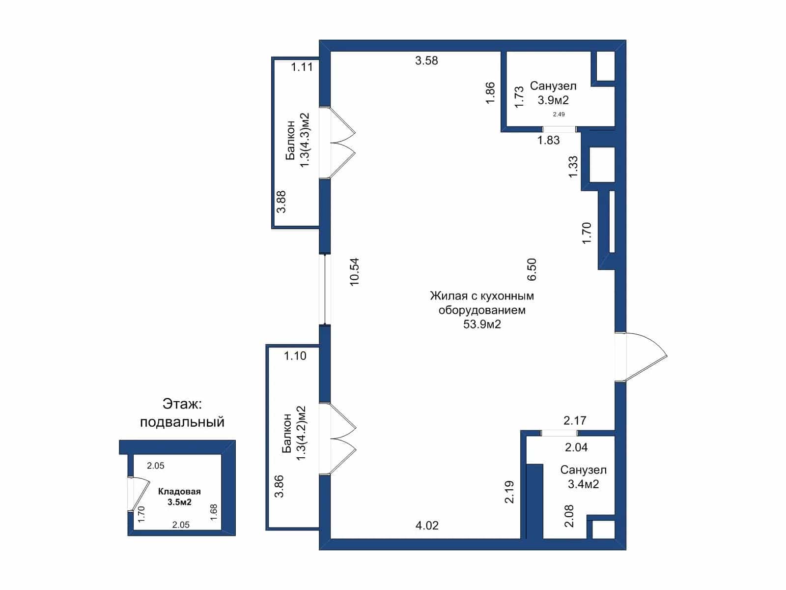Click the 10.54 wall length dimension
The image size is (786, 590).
355,272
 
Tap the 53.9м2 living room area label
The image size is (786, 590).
482,324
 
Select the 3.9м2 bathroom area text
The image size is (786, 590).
553,100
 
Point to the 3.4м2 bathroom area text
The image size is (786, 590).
583,484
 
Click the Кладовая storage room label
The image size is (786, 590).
179,492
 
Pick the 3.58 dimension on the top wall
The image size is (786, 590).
426,60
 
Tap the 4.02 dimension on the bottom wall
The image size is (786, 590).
427,526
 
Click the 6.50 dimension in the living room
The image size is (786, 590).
532,269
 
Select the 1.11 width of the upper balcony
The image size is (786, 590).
302,67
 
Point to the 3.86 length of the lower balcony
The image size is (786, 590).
279,486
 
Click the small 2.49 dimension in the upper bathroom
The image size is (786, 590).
559,115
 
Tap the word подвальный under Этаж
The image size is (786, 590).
182,422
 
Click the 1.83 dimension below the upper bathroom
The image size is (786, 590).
548,140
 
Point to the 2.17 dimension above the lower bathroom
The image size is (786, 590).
575,420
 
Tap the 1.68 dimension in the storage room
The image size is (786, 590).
213,512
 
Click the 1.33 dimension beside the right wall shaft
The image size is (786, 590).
573,167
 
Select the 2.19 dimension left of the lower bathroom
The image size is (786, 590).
509,492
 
